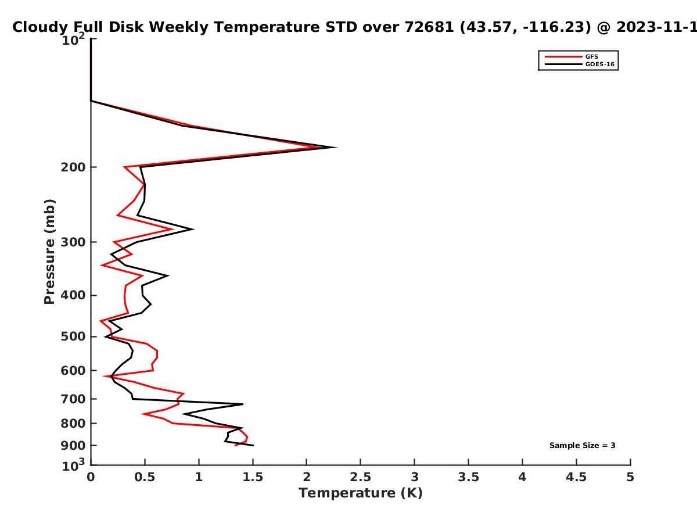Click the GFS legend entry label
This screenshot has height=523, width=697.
591,57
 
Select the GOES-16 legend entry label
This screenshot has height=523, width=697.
600,65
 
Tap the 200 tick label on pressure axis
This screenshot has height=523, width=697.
73,167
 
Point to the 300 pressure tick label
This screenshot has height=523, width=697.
73,242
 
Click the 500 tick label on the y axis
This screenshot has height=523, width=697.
73,336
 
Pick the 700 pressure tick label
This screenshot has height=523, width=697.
73,399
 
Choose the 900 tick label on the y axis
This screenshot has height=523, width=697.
73,446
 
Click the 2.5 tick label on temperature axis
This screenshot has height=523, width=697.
361,477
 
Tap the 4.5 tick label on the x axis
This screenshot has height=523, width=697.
576,477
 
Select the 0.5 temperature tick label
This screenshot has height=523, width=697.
145,477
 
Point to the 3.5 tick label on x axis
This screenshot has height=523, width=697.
468,477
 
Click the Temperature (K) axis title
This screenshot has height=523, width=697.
361,493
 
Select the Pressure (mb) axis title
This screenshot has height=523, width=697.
49,252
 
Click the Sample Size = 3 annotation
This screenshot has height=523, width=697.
583,446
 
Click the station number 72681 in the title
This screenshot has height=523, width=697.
429,27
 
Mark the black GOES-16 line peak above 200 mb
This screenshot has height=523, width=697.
336,147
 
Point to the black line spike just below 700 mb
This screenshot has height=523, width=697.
243,404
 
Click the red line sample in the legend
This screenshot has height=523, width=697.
563,57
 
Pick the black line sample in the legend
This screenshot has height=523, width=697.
563,65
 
